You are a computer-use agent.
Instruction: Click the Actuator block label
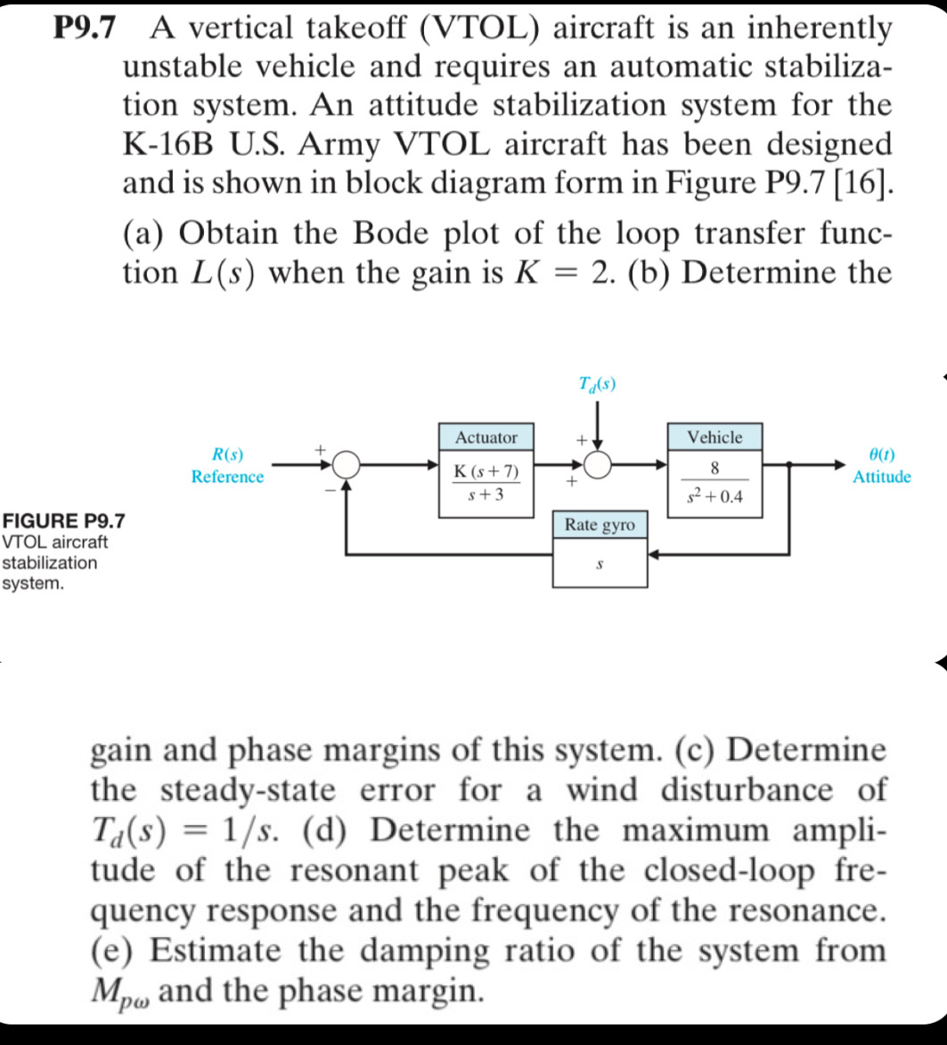point(486,437)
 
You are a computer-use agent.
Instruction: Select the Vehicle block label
point(714,437)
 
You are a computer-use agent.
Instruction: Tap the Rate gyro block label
point(600,526)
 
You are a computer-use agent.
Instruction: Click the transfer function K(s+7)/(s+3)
point(486,482)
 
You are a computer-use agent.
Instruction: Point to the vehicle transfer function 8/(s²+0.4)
point(714,482)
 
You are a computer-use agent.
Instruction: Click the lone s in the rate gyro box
point(600,565)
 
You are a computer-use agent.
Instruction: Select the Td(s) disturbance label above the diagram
point(596,385)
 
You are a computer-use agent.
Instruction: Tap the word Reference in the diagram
point(227,478)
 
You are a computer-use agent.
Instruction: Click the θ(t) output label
point(881,455)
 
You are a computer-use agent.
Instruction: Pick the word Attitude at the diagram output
point(881,478)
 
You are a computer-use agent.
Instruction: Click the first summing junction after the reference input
point(347,463)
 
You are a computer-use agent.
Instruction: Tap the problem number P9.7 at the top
point(85,29)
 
